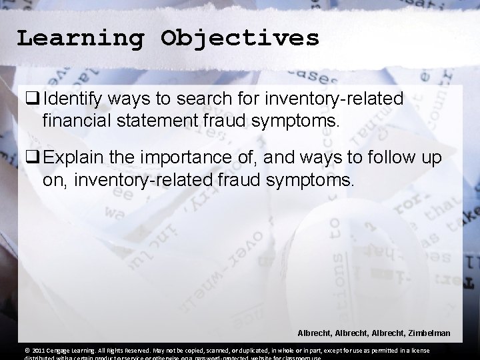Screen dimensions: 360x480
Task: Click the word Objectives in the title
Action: (x=240, y=38)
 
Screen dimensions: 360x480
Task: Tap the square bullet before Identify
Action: (x=33, y=99)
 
